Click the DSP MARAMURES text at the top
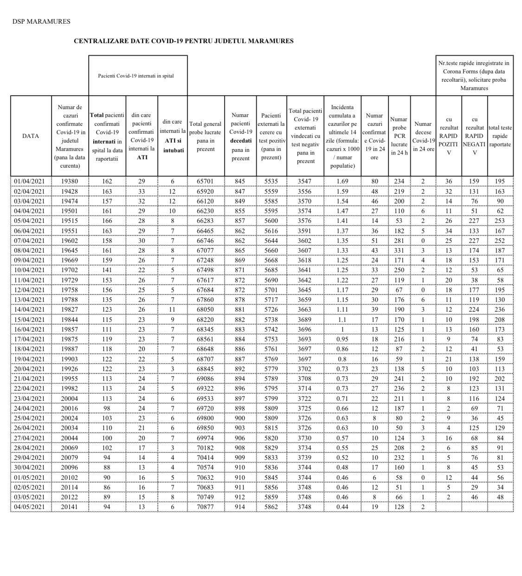[x=41, y=21]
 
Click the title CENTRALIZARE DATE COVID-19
[x=183, y=41]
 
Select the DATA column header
[x=31, y=136]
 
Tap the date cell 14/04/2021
[x=31, y=309]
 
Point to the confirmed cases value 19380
[x=70, y=182]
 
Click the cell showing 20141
[x=70, y=507]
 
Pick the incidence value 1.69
[x=342, y=182]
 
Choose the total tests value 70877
[x=206, y=507]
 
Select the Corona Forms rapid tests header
[x=474, y=76]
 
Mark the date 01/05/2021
[x=31, y=478]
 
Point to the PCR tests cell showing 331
[x=399, y=250]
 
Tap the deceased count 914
[x=240, y=507]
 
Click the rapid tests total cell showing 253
[x=500, y=221]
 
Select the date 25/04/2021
[x=31, y=418]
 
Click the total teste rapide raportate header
[x=500, y=136]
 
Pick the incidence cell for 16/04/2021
[x=342, y=329]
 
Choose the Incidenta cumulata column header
[x=342, y=136]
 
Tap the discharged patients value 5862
[x=271, y=507]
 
